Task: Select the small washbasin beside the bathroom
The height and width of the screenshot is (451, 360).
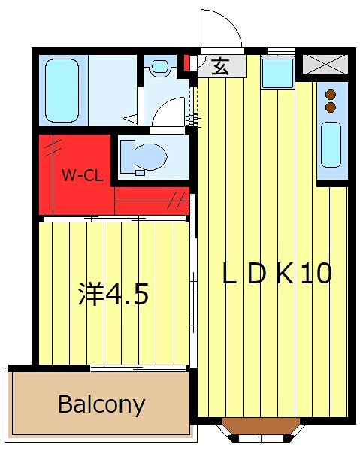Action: click(159, 67)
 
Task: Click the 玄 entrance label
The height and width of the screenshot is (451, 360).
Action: click(220, 66)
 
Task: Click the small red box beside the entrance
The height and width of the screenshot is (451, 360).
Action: click(188, 63)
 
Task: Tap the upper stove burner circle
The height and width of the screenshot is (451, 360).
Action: click(329, 95)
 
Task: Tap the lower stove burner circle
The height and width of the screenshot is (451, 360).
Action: click(329, 107)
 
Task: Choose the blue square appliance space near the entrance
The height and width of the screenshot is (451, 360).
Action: click(277, 72)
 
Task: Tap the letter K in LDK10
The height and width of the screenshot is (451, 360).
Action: click(285, 274)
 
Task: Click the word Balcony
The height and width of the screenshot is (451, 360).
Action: click(101, 405)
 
